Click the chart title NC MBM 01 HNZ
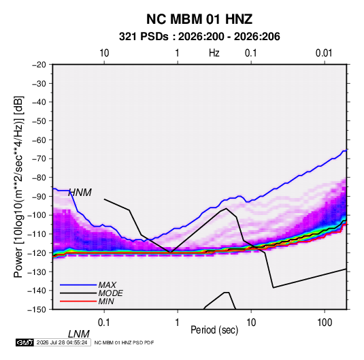tap(199, 19)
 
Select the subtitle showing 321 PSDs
tap(199, 37)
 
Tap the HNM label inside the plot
tap(80, 193)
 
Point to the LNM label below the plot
tap(79, 334)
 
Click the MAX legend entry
tap(107, 284)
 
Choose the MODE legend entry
tap(110, 293)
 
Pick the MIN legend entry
tap(106, 301)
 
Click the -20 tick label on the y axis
tap(39, 65)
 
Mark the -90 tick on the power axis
tap(39, 196)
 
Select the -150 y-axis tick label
tap(37, 310)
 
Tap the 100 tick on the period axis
tap(325, 323)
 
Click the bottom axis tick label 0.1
tap(104, 323)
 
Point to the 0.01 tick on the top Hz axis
tap(324, 53)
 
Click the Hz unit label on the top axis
tap(214, 53)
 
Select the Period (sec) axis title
tap(214, 330)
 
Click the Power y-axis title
tap(18, 187)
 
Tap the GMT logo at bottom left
tap(25, 342)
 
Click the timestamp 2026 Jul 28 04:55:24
tap(62, 342)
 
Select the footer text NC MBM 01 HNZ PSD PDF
tap(125, 342)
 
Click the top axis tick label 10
tap(104, 53)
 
